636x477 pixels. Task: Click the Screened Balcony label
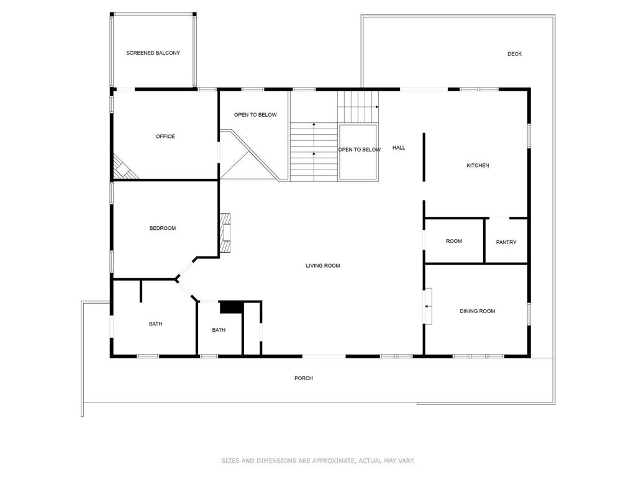[153, 53]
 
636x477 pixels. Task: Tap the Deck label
[514, 54]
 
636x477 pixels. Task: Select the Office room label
[165, 137]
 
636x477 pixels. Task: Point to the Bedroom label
[163, 228]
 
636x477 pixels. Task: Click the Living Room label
[323, 266]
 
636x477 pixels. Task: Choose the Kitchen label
[478, 165]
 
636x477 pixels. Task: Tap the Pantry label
[506, 242]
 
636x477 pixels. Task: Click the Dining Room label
[477, 311]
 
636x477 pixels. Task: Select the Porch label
[304, 378]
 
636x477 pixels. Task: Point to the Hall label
[399, 148]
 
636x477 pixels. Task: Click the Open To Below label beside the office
[255, 115]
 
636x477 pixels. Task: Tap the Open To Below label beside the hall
[359, 150]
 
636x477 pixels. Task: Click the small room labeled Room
[454, 241]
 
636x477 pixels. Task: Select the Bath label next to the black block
[219, 330]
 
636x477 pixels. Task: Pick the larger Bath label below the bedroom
[155, 324]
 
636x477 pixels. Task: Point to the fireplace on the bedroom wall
[225, 233]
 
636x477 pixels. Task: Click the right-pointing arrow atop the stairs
[376, 107]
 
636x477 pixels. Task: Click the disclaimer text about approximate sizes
[318, 461]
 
